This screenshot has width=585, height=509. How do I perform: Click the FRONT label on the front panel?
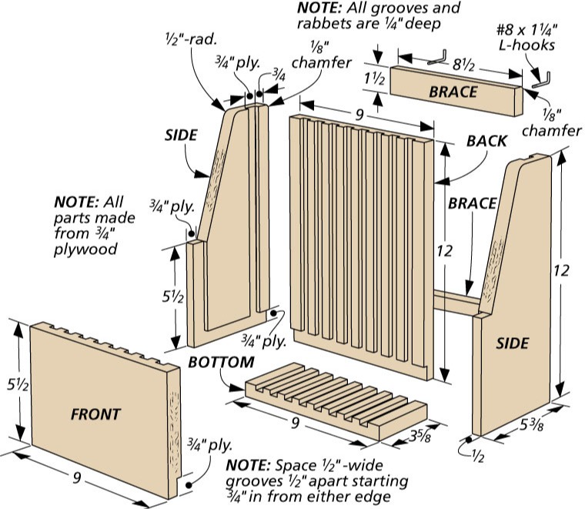96,414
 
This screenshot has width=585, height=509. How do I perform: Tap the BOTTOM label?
221,363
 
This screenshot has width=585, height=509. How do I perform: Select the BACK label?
487,141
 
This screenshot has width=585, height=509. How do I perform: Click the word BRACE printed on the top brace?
453,92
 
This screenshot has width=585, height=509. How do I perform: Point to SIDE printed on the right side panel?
512,343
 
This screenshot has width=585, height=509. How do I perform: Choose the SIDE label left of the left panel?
181,135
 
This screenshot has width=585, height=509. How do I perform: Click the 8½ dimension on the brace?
463,65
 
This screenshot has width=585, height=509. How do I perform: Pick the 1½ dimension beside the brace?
374,79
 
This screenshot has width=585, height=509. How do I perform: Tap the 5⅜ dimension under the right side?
532,424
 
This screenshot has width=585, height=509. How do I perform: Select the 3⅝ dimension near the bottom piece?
420,436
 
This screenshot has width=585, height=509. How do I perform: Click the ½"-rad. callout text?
191,39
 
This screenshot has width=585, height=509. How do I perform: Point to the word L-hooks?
526,45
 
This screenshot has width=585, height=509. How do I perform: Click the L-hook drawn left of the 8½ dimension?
437,58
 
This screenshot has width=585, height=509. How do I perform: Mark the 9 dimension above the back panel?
359,115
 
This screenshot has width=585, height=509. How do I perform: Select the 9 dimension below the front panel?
77,477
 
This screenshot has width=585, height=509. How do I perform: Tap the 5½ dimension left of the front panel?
18,385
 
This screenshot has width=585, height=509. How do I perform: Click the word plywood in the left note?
85,249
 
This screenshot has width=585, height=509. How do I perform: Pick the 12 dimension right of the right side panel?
561,270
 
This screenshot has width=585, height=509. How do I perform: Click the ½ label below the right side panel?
478,456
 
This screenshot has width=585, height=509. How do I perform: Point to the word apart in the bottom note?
329,481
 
